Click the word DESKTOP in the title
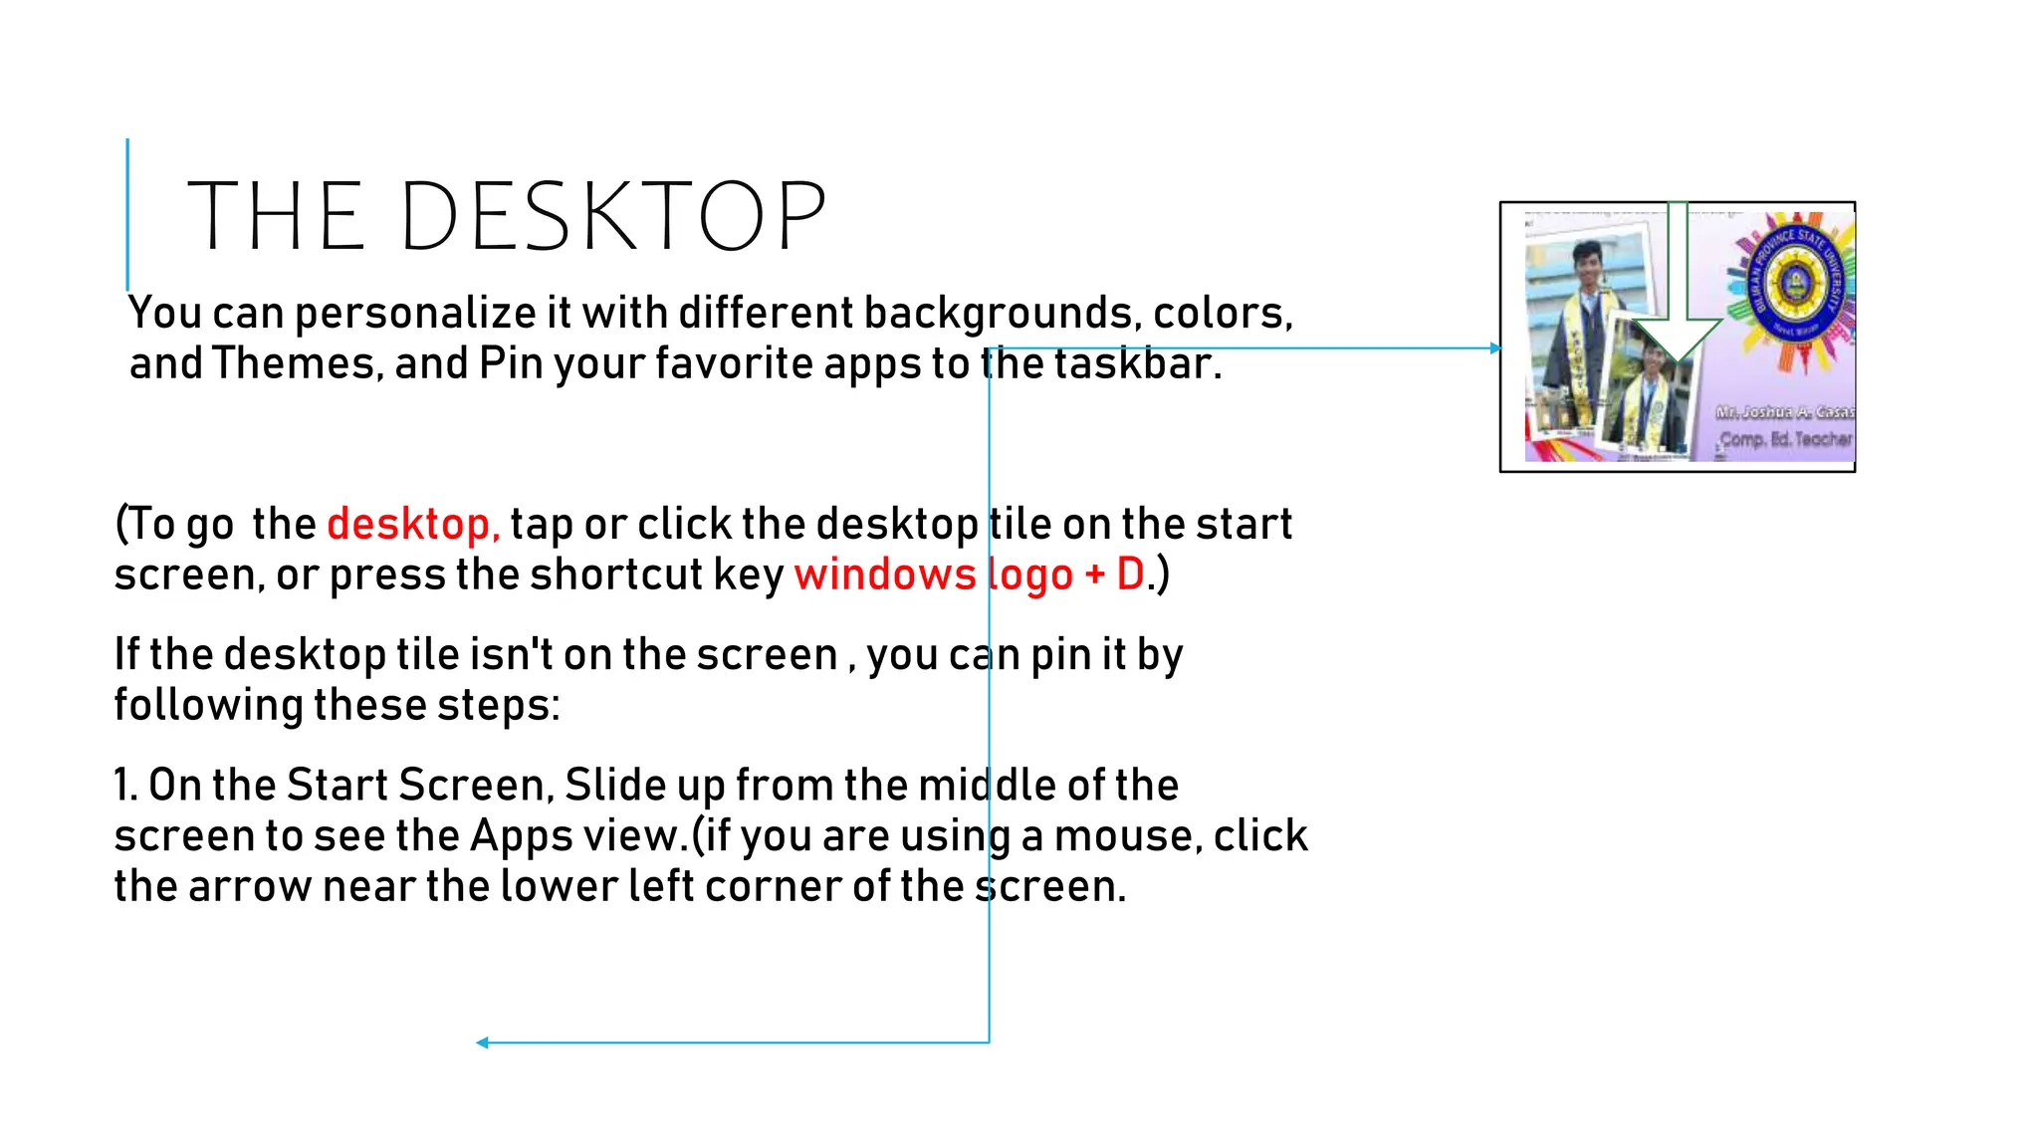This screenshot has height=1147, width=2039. [x=612, y=216]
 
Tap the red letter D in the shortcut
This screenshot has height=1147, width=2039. [x=1130, y=574]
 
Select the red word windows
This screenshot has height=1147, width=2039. [x=885, y=574]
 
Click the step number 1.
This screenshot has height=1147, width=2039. [x=123, y=786]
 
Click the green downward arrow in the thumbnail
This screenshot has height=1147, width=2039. [x=1678, y=299]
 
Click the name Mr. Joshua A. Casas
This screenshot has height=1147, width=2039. [x=1784, y=411]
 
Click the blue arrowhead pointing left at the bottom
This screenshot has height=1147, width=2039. [x=482, y=1042]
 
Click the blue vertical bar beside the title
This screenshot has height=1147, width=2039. [x=127, y=214]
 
